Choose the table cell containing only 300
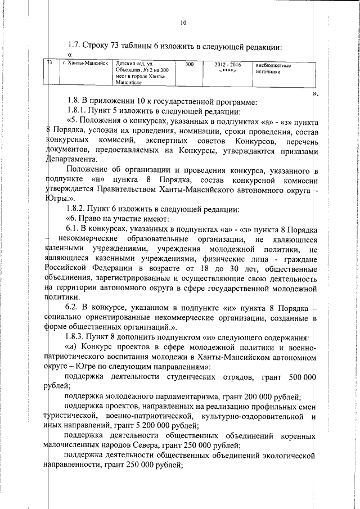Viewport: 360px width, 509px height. pos(189,65)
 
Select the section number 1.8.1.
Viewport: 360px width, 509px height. pos(78,112)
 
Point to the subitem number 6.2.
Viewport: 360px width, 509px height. pos(75,308)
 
